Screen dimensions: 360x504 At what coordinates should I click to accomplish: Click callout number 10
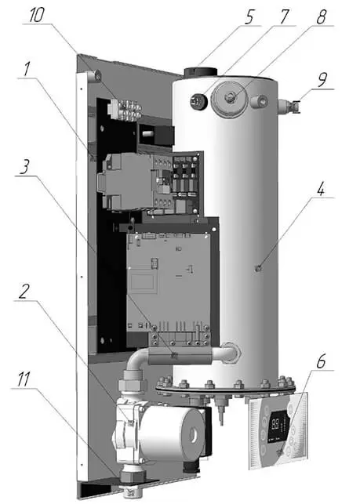pos(36,15)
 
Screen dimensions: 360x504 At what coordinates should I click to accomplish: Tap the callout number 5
pos(249,17)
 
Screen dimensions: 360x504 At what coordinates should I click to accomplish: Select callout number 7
pos(284,16)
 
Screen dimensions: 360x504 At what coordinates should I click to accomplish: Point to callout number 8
pos(321,16)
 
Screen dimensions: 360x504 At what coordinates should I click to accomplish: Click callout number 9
pos(322,80)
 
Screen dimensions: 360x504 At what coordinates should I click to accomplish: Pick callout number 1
pos(27,69)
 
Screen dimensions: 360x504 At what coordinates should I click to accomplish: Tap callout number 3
pos(25,167)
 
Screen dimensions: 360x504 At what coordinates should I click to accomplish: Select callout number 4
pos(321,190)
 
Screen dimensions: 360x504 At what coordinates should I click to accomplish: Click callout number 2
pos(24,292)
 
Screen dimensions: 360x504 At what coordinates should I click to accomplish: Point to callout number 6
pos(321,362)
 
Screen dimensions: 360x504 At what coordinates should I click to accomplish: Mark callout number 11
pos(24,379)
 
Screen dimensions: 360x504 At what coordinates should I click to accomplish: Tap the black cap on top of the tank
pos(200,71)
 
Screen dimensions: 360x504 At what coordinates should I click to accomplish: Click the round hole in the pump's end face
pos(194,435)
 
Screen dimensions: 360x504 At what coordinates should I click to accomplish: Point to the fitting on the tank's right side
pos(289,106)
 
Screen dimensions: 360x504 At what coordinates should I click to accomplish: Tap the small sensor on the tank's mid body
pos(257,268)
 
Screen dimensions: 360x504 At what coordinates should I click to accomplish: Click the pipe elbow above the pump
pos(136,361)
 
